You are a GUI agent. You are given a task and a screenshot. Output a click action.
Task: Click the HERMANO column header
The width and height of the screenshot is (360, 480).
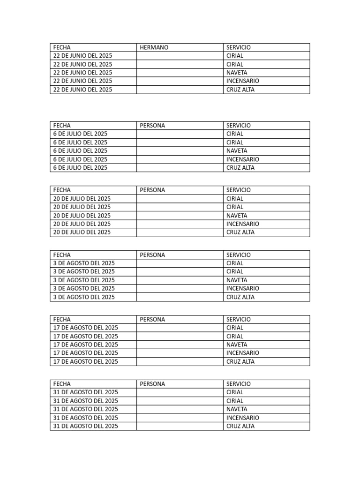pyautogui.click(x=154, y=47)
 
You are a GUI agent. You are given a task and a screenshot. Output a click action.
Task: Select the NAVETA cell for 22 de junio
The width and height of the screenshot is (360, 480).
pyautogui.click(x=237, y=73)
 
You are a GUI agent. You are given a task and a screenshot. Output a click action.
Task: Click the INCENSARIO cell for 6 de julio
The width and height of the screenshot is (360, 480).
pyautogui.click(x=242, y=159)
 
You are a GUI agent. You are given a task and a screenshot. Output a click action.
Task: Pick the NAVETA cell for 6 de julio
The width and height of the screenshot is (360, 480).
pyautogui.click(x=237, y=151)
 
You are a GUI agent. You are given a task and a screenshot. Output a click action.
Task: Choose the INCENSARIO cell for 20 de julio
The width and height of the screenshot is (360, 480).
pyautogui.click(x=242, y=224)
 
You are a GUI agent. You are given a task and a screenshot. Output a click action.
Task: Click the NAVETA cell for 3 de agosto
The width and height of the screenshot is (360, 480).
pyautogui.click(x=237, y=280)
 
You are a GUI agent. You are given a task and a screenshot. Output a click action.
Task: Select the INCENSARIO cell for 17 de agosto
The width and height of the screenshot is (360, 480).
pyautogui.click(x=242, y=353)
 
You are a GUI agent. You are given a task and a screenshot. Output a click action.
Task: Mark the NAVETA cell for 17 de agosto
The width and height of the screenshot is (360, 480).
pyautogui.click(x=237, y=345)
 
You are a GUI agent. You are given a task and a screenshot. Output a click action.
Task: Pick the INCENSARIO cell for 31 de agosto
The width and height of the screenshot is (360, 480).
pyautogui.click(x=242, y=418)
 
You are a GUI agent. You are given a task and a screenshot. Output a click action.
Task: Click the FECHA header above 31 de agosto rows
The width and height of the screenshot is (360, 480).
pyautogui.click(x=62, y=384)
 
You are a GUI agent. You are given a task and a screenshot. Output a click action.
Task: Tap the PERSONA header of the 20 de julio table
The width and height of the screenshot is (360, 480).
pyautogui.click(x=152, y=190)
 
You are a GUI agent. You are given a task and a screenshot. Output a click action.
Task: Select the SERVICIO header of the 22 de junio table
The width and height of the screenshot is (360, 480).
pyautogui.click(x=238, y=47)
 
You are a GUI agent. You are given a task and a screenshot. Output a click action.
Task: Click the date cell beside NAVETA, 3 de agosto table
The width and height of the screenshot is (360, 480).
pyautogui.click(x=84, y=280)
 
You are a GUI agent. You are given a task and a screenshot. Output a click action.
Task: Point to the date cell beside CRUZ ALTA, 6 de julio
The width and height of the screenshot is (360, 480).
pyautogui.click(x=80, y=168)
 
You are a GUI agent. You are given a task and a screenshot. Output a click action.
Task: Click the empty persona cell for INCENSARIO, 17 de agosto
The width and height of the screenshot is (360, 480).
pyautogui.click(x=180, y=353)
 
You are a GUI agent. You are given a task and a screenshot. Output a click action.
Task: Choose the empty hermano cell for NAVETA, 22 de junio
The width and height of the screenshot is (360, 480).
pyautogui.click(x=180, y=73)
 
